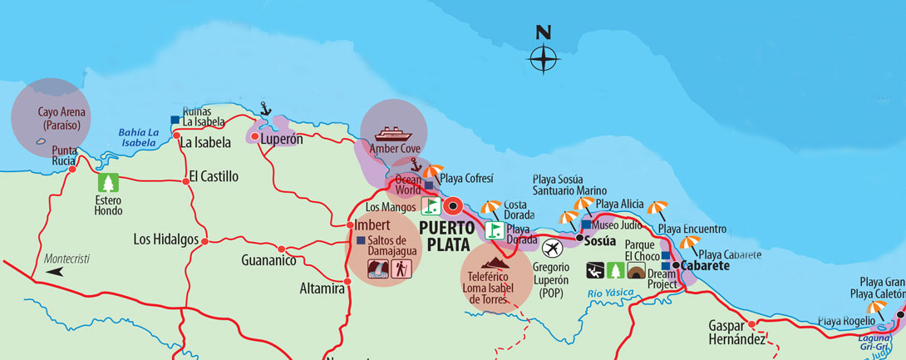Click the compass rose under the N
544,60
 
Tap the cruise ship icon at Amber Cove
393,133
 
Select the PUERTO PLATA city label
447,234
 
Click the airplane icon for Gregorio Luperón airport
552,248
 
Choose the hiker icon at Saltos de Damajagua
401,269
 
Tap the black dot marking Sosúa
579,238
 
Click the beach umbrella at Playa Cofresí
432,172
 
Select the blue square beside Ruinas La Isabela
175,121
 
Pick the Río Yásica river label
610,292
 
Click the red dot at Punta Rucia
72,170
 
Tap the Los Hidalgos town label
165,239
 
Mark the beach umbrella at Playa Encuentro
657,209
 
